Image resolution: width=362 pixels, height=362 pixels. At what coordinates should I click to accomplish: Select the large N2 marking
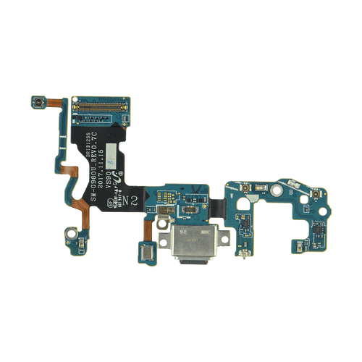coord(129,198)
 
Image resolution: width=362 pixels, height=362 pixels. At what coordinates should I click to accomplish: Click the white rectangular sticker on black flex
coord(115,153)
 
